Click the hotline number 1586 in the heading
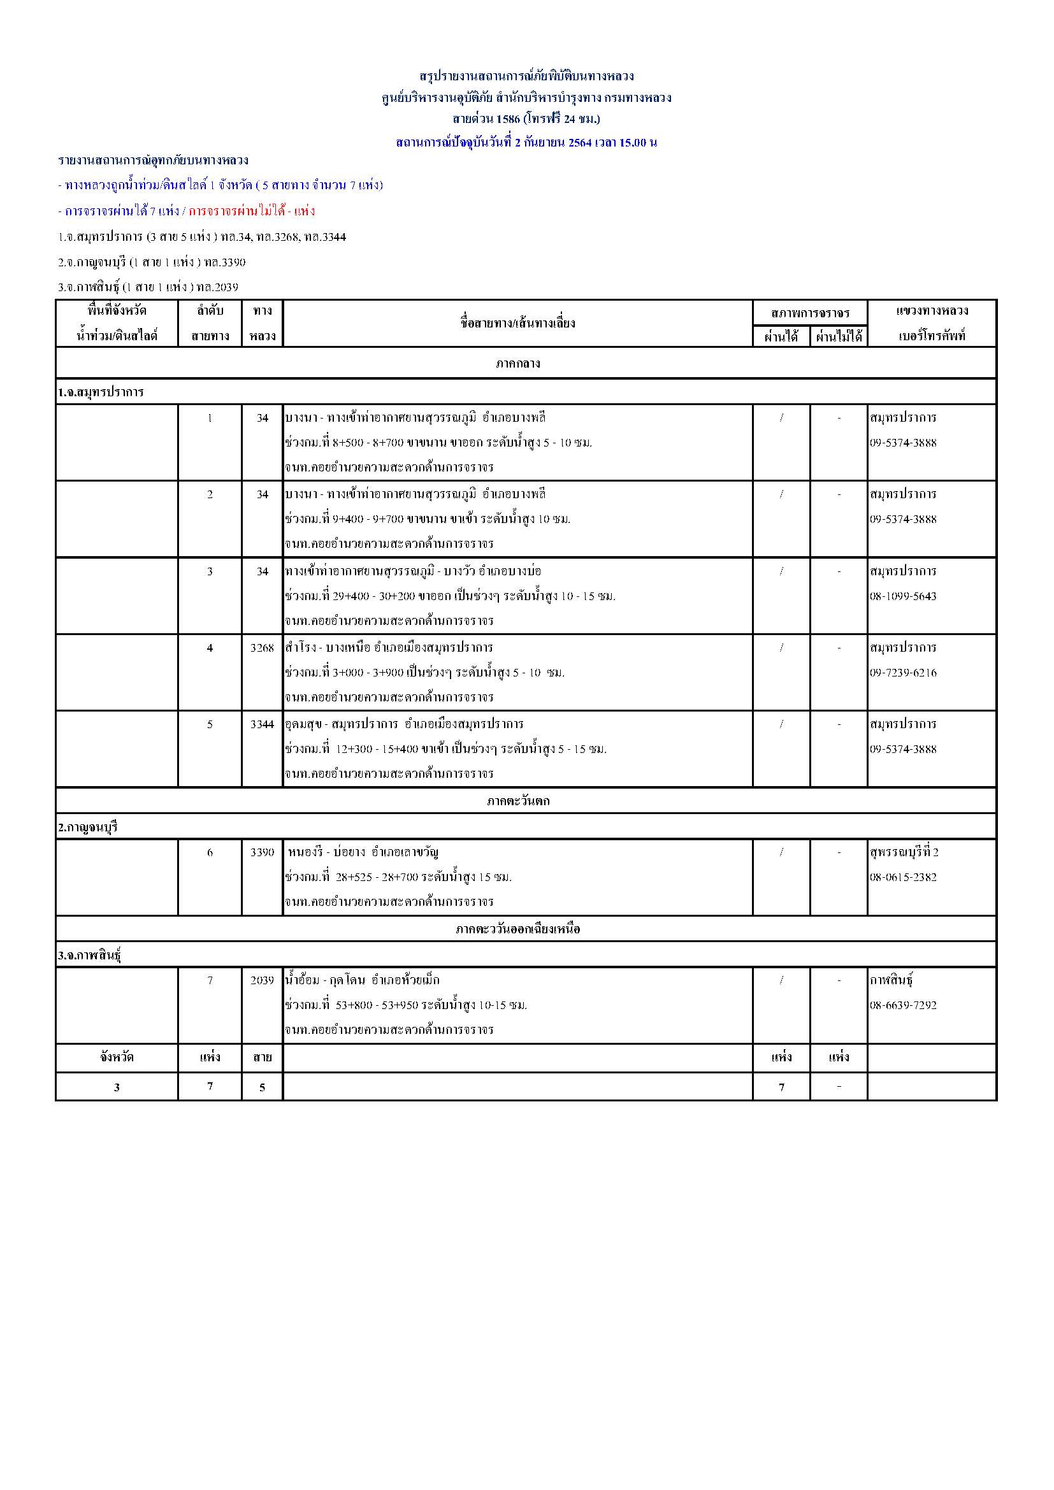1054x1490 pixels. click(x=508, y=119)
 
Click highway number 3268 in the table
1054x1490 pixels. click(x=262, y=648)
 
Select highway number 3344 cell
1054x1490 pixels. click(x=262, y=724)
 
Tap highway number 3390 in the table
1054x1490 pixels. click(x=262, y=852)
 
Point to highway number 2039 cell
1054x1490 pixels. click(x=262, y=980)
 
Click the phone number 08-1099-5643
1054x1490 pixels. click(x=903, y=596)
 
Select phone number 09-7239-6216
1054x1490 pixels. click(x=903, y=673)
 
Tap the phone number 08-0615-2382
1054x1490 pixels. click(x=903, y=877)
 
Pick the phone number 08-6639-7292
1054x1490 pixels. click(x=903, y=1006)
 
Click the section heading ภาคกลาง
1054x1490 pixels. click(x=518, y=363)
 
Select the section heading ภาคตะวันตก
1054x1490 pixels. click(x=518, y=801)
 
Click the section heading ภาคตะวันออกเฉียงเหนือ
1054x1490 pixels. click(x=518, y=929)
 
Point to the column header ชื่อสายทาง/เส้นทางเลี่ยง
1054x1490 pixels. click(x=517, y=323)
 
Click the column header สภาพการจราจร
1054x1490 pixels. click(x=810, y=313)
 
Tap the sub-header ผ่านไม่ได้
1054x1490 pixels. click(x=839, y=337)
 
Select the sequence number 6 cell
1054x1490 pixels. click(x=210, y=852)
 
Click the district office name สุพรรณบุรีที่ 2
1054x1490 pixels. click(x=904, y=852)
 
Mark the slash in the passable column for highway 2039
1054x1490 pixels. click(x=781, y=980)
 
